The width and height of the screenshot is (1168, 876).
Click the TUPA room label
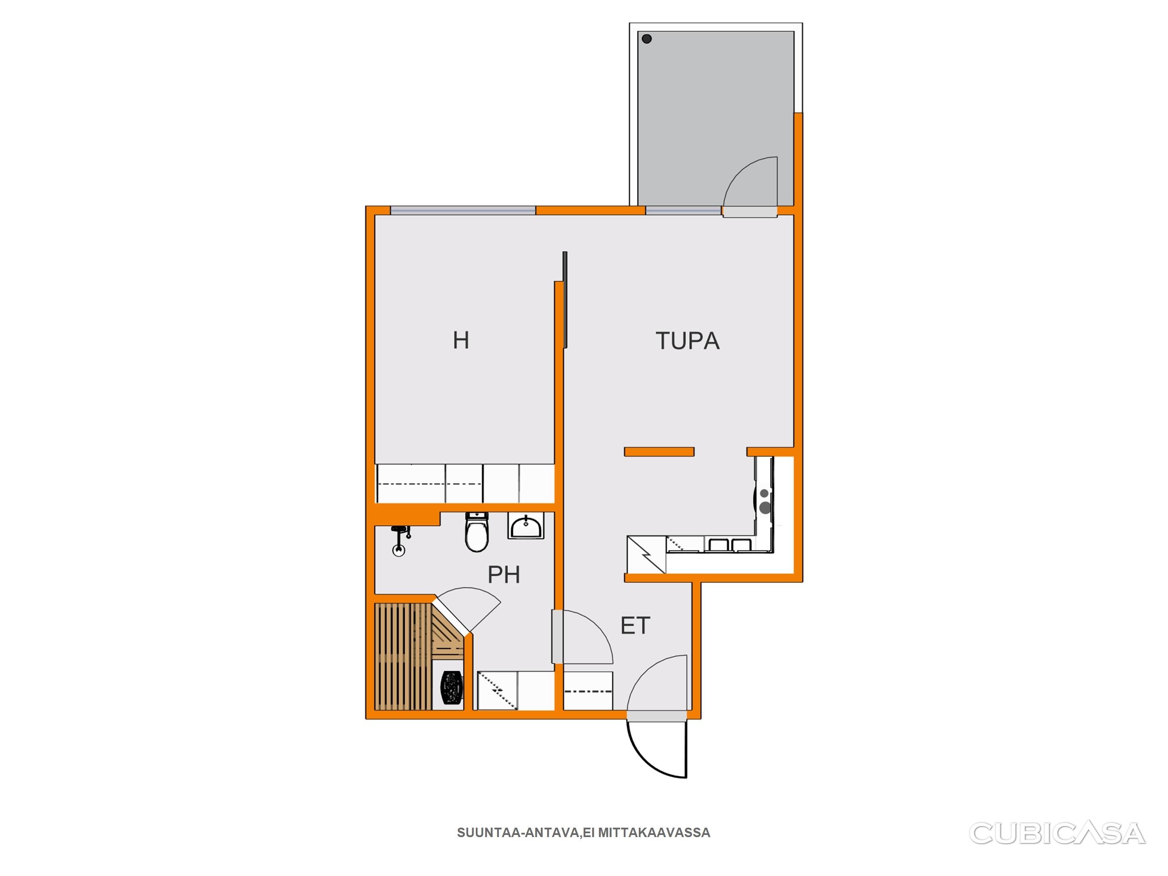[688, 340]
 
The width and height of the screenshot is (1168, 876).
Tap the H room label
[461, 340]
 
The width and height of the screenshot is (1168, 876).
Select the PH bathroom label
[504, 574]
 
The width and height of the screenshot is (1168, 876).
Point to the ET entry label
[635, 626]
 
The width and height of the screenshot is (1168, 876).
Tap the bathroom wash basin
[526, 526]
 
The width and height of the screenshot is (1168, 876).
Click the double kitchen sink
[729, 545]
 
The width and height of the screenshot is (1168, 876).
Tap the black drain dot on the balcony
[647, 38]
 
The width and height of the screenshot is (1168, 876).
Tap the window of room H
[463, 210]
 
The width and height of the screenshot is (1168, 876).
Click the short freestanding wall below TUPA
[659, 451]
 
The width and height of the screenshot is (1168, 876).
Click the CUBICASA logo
[1057, 833]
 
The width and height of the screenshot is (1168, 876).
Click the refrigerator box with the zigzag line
[646, 554]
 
